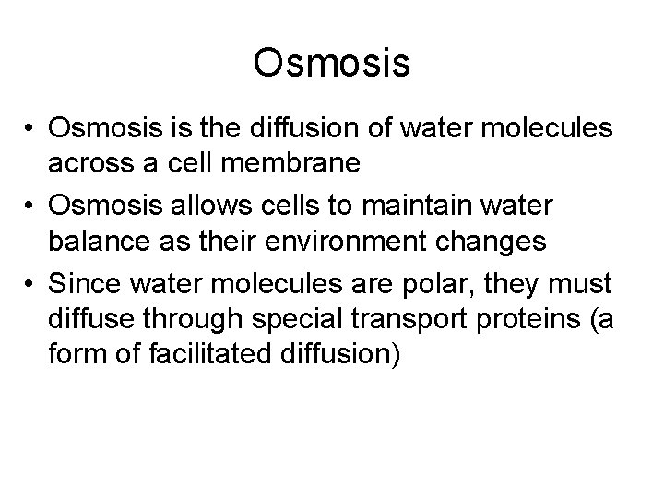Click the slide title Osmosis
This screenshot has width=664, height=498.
pyautogui.click(x=331, y=64)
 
